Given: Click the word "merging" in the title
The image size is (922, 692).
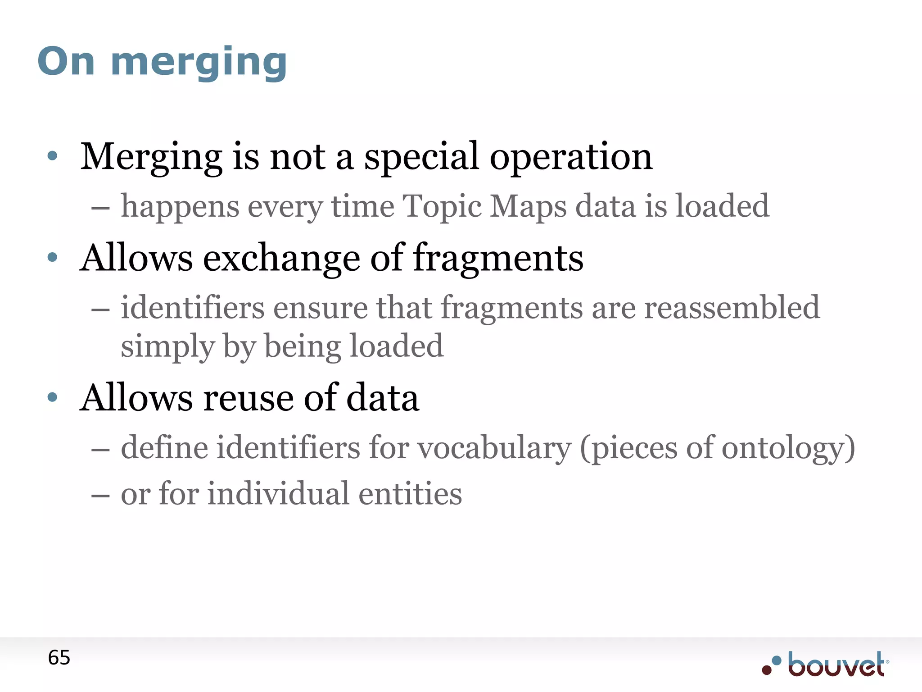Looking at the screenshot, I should point(199,62).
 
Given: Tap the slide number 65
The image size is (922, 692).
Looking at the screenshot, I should point(59,658).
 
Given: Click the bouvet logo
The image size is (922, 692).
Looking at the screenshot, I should point(825,664).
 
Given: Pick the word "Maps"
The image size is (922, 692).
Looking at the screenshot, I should point(528,206).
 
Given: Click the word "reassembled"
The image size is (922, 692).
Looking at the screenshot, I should point(732,307).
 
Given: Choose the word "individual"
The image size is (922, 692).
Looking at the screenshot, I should point(278,493).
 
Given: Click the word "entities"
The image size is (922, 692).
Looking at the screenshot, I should point(410,493).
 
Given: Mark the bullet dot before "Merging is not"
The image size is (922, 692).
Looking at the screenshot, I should point(53,156).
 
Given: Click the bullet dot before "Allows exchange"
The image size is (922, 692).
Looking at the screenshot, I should point(53,257).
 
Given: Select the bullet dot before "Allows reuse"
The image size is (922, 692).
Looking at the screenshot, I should point(53,397).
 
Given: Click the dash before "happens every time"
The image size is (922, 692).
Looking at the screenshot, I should point(100,209).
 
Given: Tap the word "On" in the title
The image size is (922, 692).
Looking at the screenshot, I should point(66,62).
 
